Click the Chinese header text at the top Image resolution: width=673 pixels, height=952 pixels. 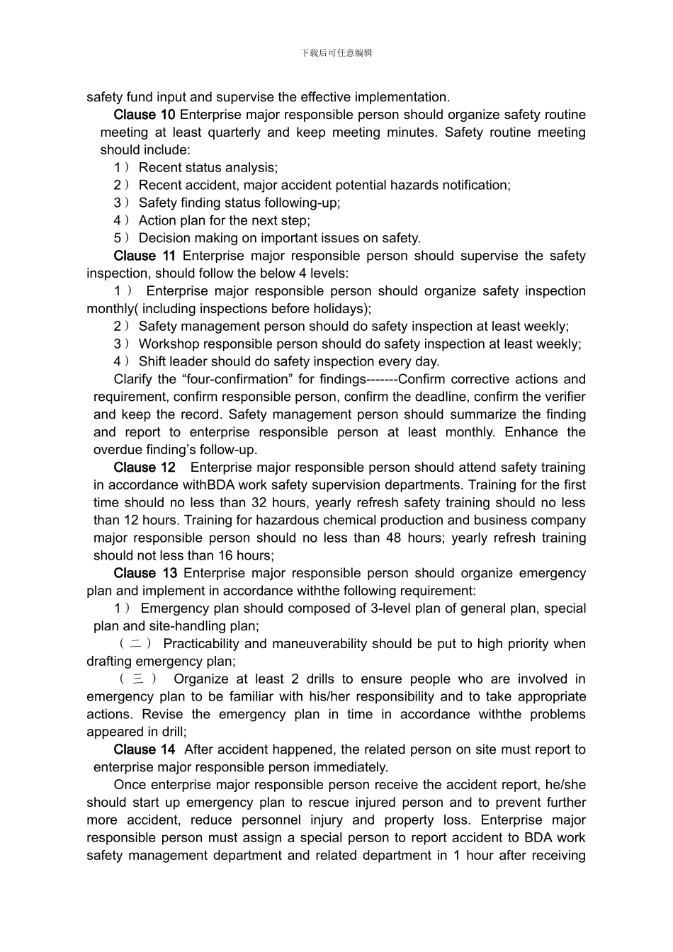point(336,52)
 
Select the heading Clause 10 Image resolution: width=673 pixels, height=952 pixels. point(144,115)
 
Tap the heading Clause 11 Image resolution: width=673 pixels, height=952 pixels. point(144,256)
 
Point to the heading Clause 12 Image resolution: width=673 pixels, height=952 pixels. point(144,467)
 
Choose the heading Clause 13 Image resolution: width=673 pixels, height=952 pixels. point(145,573)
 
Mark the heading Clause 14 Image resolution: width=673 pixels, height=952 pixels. point(144,749)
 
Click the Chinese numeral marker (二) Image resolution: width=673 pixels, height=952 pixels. point(135,644)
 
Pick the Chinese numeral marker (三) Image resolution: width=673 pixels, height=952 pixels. point(138,679)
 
